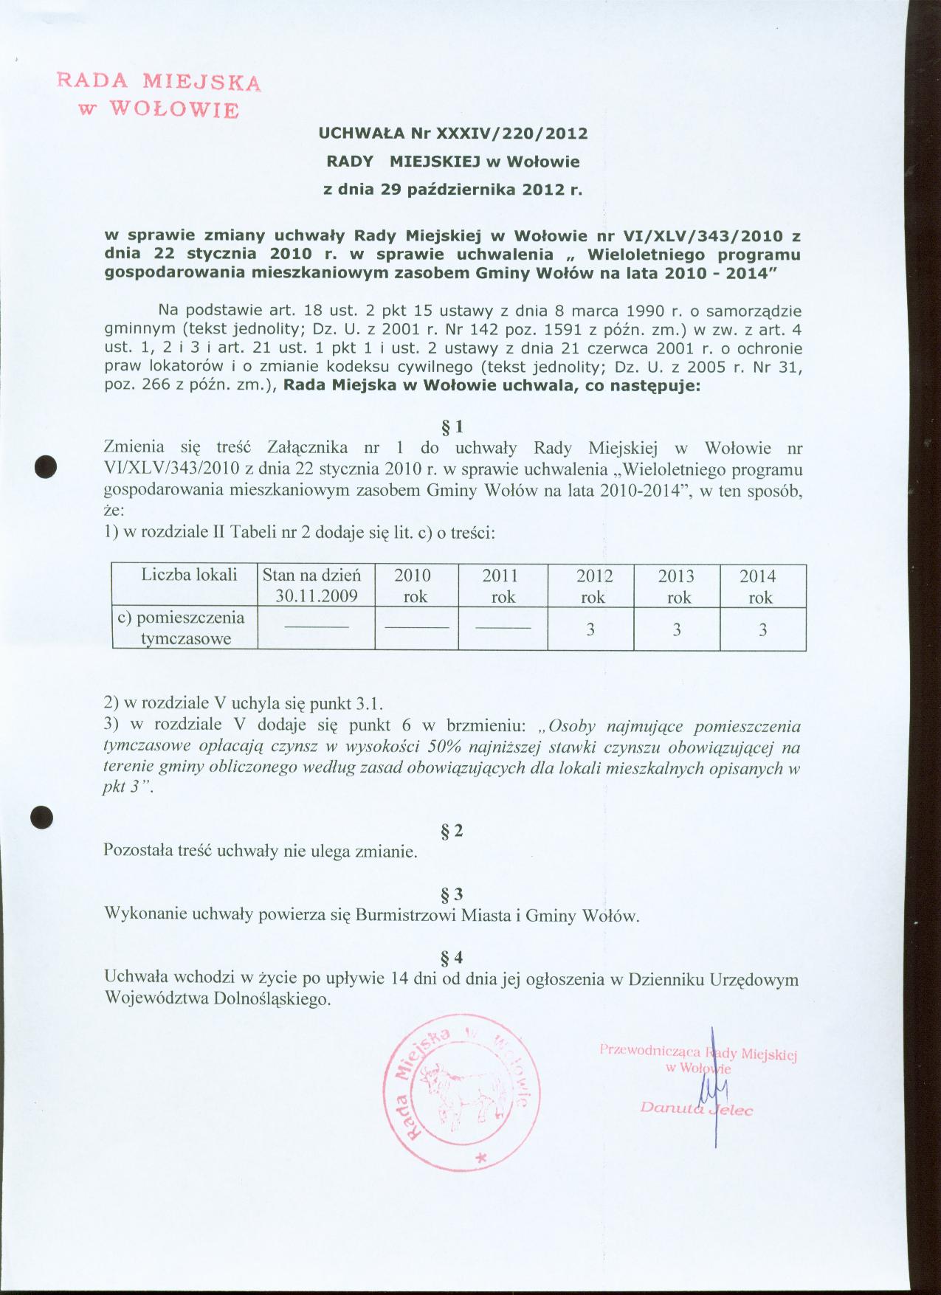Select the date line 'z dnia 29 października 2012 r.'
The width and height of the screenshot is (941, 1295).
point(453,189)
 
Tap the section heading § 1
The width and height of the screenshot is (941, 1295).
point(452,427)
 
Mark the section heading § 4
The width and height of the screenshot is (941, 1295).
point(452,958)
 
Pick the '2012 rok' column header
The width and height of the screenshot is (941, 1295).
point(593,586)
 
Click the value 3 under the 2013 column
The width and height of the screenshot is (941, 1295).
point(678,629)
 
